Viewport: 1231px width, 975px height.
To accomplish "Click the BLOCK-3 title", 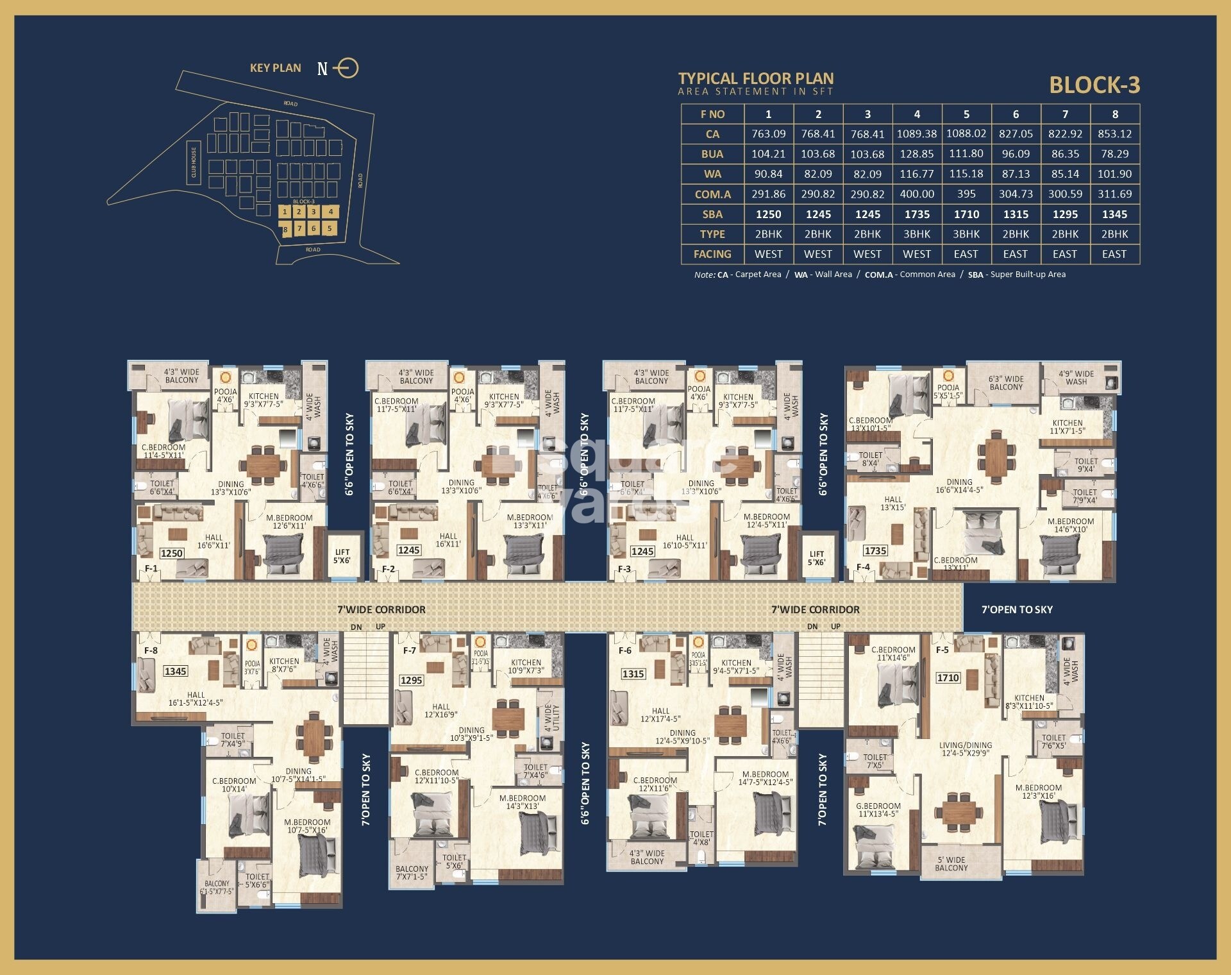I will click(x=1094, y=85).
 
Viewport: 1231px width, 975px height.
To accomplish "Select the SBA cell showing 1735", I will click(x=917, y=214).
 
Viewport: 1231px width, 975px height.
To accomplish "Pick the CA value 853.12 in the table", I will click(x=1114, y=134).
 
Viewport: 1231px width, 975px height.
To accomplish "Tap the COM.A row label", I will click(x=712, y=194).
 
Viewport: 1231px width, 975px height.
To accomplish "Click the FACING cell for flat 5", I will click(x=966, y=254).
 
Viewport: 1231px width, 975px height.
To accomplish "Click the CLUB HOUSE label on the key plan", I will click(x=194, y=163).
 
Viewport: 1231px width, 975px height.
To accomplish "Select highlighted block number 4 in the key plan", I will click(x=330, y=212).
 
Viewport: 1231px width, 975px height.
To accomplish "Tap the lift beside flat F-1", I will click(x=342, y=556).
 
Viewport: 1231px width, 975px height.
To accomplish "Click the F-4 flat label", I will click(x=864, y=567).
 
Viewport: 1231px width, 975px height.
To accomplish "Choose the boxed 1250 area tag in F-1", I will click(x=172, y=553).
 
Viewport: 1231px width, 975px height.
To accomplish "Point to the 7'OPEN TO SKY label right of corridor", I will click(x=1017, y=609).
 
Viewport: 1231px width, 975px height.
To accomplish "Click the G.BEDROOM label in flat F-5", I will click(x=878, y=810).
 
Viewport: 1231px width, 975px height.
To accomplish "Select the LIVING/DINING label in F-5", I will click(x=966, y=749).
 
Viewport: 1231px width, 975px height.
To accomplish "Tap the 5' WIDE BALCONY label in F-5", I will click(x=951, y=863).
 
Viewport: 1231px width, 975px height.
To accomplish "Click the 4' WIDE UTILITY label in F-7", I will click(x=552, y=718).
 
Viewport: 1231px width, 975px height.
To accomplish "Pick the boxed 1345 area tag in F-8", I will click(x=175, y=671).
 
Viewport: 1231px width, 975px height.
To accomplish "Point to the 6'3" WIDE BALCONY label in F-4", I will click(x=1006, y=383).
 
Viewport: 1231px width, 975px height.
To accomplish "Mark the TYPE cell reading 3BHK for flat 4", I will click(x=917, y=234).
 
